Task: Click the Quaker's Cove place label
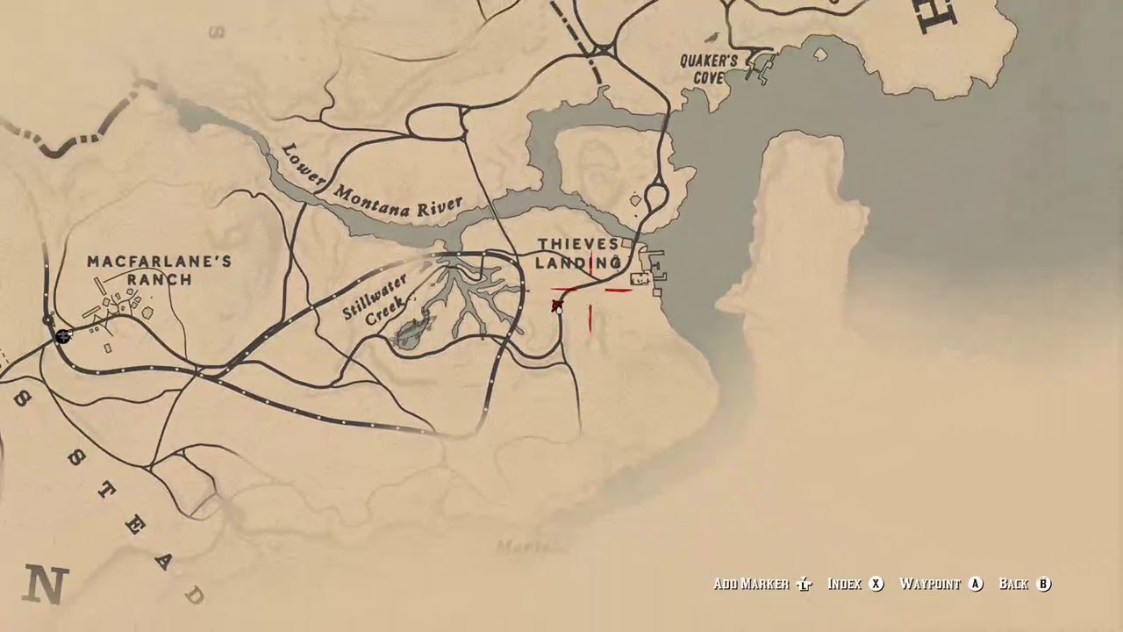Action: coord(708,68)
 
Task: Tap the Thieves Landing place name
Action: coord(578,253)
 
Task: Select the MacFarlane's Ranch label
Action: coord(159,270)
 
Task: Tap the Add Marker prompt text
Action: coord(751,584)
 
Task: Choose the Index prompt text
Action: coord(844,584)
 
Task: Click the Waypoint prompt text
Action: coord(929,584)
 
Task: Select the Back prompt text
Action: coord(1013,584)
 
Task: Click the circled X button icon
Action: coord(876,584)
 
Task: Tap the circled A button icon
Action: coord(976,584)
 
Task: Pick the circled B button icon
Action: coord(1044,584)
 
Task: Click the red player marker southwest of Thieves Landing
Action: coord(557,305)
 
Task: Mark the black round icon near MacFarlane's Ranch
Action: coord(62,336)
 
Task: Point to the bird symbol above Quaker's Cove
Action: coord(713,38)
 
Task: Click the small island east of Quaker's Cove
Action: coord(820,54)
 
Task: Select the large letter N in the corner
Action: coord(46,584)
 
